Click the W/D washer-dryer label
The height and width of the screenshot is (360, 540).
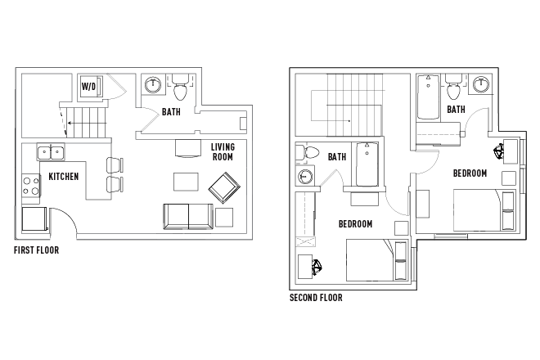point(88,87)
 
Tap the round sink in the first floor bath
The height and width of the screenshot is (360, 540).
point(152,85)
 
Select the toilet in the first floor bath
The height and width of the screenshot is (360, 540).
point(180,87)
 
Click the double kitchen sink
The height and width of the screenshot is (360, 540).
point(51,152)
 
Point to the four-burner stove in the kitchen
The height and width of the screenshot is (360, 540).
point(30,187)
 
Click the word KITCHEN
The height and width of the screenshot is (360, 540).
point(63,176)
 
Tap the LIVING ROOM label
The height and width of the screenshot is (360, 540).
point(222,152)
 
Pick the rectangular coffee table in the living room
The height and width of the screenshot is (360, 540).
point(185,181)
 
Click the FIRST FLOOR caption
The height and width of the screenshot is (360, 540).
point(36,250)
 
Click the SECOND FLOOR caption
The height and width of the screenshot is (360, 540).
point(316,298)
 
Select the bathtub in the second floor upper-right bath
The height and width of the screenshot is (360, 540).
point(429,99)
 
